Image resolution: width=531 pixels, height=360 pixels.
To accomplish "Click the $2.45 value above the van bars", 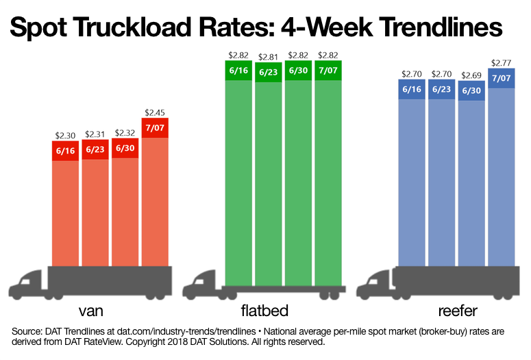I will coord(155,112).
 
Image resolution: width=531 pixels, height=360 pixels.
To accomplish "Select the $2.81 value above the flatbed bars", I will coord(269,56).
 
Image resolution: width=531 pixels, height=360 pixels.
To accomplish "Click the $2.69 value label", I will coord(471,75).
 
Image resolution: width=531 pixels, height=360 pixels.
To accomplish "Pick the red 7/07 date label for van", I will coord(155,128).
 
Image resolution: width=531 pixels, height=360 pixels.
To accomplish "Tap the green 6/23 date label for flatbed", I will coord(269,72).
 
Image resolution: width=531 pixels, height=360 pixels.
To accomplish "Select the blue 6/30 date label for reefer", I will coord(471,91).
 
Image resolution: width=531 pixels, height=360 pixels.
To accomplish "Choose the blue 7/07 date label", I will coord(501,78).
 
